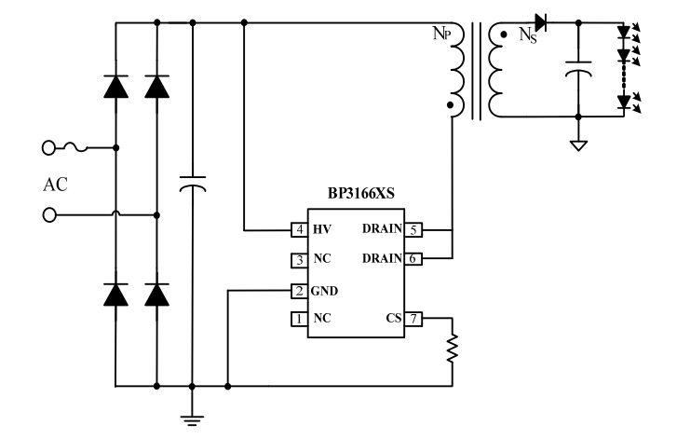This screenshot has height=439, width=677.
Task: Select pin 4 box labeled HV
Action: pos(299,229)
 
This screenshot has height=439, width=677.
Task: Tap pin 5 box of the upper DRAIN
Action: pos(414,229)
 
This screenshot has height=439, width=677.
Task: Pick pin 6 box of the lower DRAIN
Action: pos(414,258)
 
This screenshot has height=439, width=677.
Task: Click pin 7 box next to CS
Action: pos(414,319)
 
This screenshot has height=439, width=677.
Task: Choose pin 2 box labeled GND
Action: pos(299,290)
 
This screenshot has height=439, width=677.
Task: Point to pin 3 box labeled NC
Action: pos(299,259)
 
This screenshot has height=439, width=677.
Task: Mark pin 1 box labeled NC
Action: pos(299,319)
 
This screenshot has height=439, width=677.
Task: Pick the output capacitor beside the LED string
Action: pos(578,71)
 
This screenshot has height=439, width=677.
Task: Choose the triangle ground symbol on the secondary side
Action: pos(578,144)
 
